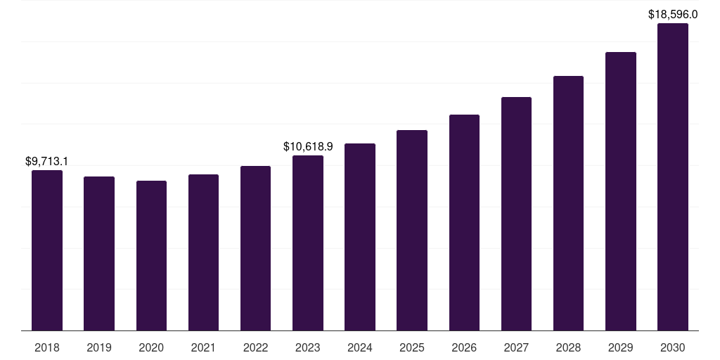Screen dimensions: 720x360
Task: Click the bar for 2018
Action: [x=47, y=250]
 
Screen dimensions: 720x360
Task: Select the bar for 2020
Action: [x=152, y=256]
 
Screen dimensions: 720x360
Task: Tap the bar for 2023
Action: [x=308, y=243]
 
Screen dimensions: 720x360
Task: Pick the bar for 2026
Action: [x=464, y=223]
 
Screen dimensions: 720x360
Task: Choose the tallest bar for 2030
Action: [x=673, y=176]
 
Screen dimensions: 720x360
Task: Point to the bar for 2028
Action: [x=568, y=203]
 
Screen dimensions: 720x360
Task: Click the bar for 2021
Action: [x=203, y=252]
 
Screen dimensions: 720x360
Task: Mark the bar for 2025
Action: [x=412, y=231]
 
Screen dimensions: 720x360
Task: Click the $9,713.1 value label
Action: [x=46, y=161]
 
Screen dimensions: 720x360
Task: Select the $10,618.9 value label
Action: [x=308, y=146]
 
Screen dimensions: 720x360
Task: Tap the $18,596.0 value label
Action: [x=673, y=14]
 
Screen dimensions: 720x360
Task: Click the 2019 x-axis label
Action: [x=99, y=347]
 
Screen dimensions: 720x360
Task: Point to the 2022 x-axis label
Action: [x=255, y=347]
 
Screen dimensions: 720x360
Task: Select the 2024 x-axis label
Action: [x=360, y=347]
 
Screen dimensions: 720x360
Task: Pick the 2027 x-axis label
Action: [x=516, y=347]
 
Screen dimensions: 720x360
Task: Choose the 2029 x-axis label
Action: [x=620, y=347]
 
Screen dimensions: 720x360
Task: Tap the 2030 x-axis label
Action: [x=673, y=347]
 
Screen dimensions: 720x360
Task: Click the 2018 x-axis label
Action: [x=47, y=347]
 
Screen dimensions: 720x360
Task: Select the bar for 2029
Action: [x=621, y=191]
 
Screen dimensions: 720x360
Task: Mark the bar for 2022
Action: [x=255, y=248]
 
